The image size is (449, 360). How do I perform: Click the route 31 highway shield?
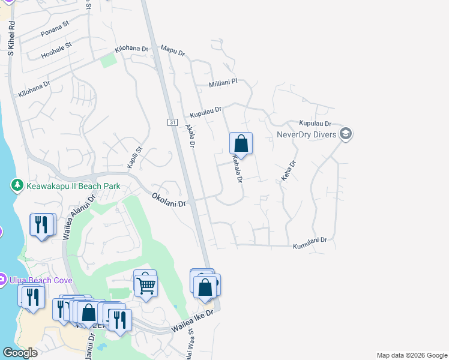pos(172,122)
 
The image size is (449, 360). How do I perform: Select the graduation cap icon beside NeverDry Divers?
pos(345,133)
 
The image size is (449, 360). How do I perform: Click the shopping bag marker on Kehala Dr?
pos(241,144)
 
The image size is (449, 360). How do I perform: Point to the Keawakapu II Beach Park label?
pos(73,186)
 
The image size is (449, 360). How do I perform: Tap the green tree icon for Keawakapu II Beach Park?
pos(17,185)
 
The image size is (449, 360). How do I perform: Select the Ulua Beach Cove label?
pos(40,280)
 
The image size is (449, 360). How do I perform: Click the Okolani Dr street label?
pos(169,200)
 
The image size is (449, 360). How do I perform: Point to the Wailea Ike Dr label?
pos(193,323)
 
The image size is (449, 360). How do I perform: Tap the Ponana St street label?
pos(55,31)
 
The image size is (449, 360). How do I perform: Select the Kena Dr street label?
pos(289,171)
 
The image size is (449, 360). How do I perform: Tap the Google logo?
pos(20,353)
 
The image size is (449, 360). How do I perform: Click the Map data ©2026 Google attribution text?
pos(411,355)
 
